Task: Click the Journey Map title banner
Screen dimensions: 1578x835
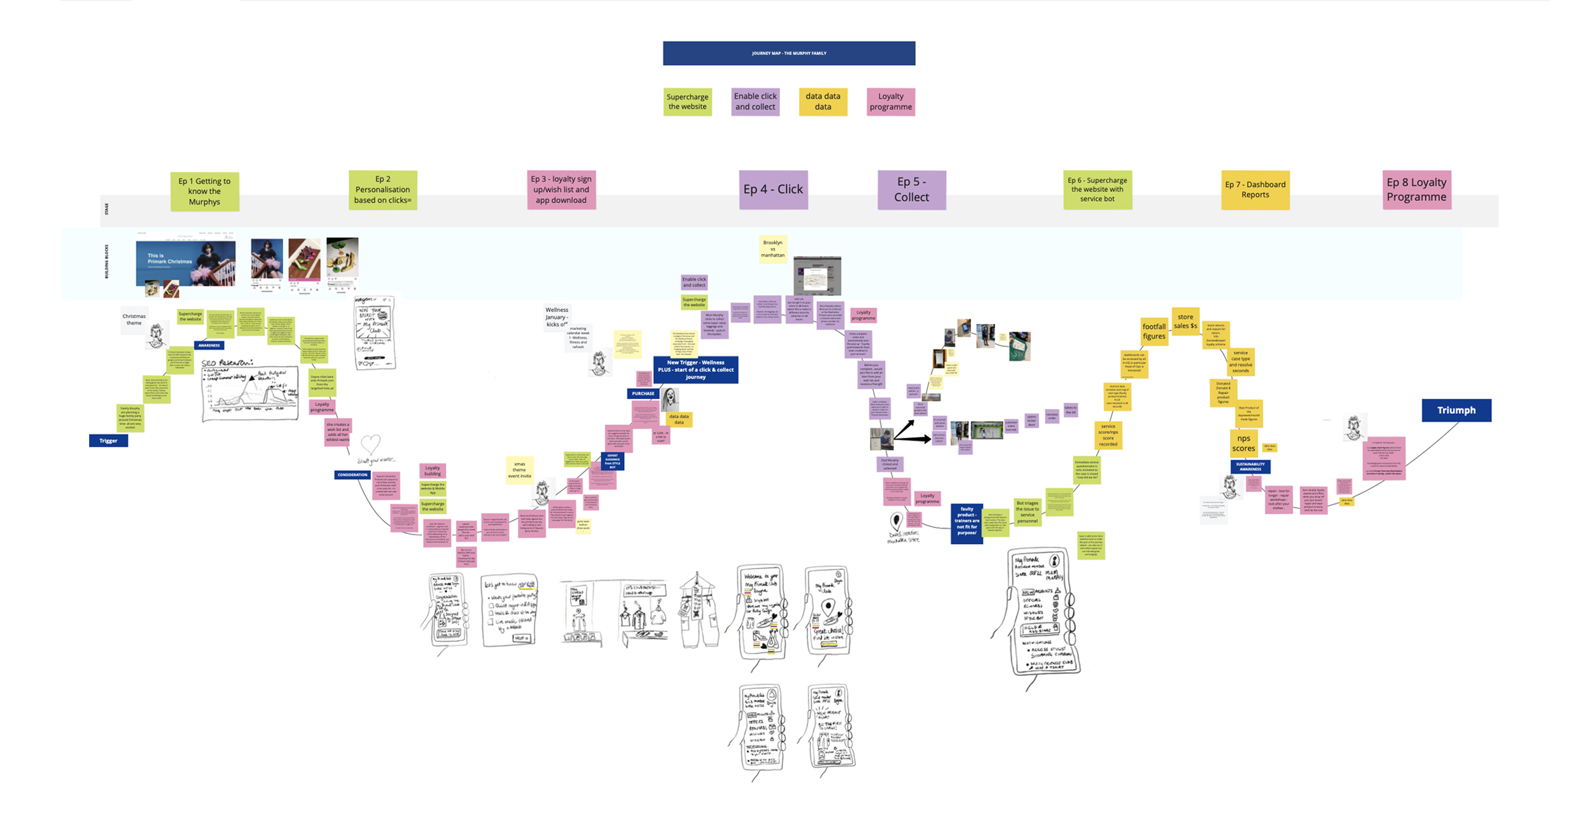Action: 789,53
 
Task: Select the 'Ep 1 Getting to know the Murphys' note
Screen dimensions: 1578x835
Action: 204,192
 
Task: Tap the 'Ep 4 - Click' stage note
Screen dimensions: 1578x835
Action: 773,190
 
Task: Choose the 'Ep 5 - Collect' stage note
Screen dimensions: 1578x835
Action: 911,190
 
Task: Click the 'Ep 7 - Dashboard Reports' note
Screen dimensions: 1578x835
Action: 1255,190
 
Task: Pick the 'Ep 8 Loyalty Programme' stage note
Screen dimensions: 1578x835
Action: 1416,190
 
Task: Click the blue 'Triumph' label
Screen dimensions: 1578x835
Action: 1456,410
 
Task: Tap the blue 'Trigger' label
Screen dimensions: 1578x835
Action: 108,441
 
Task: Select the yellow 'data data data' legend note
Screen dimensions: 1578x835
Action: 823,102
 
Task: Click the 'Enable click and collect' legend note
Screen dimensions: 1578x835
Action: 755,102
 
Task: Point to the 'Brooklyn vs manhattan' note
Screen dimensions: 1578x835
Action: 772,249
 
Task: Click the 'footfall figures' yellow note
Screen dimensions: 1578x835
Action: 1154,332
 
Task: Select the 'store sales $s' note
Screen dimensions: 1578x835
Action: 1185,321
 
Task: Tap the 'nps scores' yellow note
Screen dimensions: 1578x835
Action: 1243,443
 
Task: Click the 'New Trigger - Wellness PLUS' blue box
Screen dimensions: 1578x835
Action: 695,370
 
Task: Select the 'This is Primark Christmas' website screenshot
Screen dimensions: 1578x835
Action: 185,263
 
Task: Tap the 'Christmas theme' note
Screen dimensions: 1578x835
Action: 134,319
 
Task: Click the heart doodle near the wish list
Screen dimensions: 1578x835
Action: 370,444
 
